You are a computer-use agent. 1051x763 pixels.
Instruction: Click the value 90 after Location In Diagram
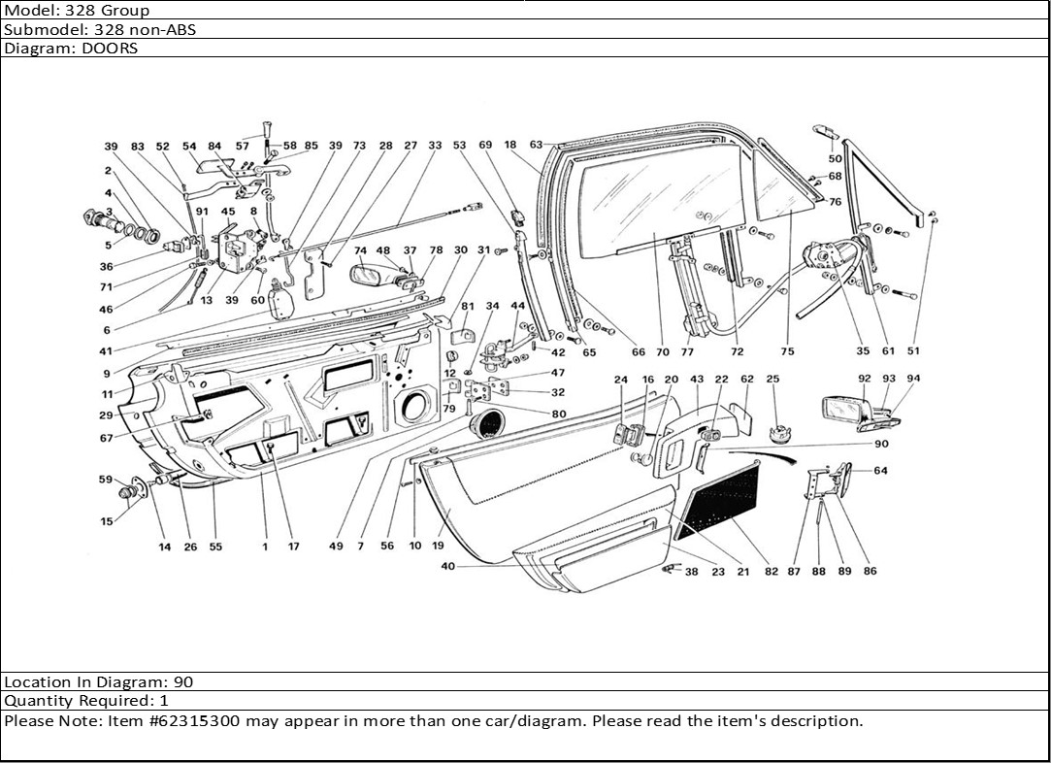(183, 682)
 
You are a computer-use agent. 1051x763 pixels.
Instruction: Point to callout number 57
(242, 147)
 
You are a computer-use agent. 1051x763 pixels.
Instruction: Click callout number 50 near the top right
(835, 157)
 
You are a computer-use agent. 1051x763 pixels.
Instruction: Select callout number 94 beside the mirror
(913, 379)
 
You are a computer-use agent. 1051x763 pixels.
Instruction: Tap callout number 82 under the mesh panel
(771, 572)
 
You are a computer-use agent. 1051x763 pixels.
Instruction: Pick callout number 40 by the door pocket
(447, 566)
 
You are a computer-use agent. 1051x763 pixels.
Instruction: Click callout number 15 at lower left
(107, 522)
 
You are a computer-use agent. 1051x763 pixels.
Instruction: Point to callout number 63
(536, 145)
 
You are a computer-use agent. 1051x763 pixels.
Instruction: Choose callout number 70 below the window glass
(663, 352)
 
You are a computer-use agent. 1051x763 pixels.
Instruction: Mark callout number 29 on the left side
(107, 415)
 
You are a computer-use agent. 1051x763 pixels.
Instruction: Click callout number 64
(880, 471)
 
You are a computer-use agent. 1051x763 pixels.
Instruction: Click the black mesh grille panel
(721, 500)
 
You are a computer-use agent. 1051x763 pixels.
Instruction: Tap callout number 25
(772, 379)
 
